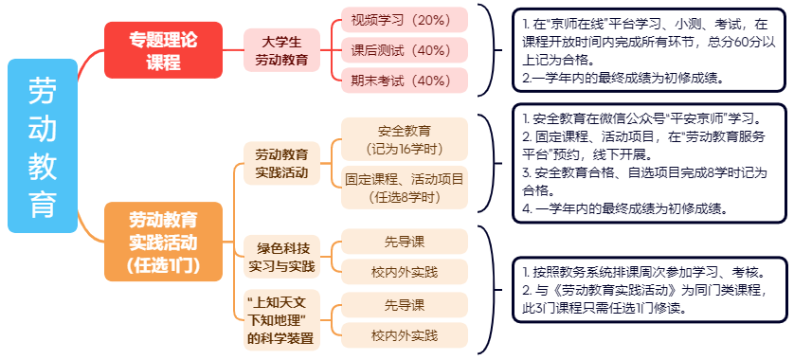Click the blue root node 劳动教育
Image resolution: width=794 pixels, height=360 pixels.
tap(42, 145)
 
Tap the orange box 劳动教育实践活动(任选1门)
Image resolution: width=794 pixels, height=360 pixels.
tap(162, 242)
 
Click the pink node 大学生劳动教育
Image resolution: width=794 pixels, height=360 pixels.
tap(281, 50)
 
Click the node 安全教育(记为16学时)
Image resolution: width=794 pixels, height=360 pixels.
tap(405, 139)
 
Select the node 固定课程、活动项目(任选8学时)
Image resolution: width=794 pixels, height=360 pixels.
tap(405, 188)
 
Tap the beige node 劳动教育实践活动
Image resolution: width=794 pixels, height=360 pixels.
tap(281, 163)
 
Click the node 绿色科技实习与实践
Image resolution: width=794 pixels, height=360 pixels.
tap(281, 258)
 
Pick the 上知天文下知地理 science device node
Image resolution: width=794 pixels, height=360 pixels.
tap(281, 320)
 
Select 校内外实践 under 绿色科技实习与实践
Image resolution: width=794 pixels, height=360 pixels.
tap(405, 273)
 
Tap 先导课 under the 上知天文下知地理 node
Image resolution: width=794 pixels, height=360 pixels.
tap(405, 304)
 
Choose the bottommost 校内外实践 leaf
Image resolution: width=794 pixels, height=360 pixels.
tap(405, 335)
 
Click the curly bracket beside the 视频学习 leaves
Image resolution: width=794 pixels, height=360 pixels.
tap(486, 50)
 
